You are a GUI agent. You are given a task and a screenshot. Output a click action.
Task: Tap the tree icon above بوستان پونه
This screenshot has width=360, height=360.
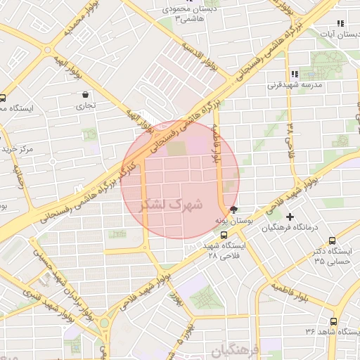(x=233, y=210)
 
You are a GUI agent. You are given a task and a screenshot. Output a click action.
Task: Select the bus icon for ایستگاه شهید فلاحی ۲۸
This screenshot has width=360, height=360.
(x=224, y=236)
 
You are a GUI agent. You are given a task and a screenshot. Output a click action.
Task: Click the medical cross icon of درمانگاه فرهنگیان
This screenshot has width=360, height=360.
(x=289, y=217)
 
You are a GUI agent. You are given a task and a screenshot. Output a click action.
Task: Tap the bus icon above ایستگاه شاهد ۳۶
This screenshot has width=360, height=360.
(x=333, y=320)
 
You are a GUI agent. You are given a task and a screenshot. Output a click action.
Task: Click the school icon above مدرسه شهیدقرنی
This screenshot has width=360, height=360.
(x=294, y=74)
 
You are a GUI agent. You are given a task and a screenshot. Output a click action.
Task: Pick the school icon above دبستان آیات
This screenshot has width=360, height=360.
(x=341, y=23)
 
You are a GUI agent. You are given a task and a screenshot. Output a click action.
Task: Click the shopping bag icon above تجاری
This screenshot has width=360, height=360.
(x=86, y=94)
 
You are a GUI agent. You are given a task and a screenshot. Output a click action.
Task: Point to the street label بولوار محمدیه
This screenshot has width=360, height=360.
(x=77, y=20)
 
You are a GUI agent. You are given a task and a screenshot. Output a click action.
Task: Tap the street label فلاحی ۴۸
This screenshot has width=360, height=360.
(x=290, y=140)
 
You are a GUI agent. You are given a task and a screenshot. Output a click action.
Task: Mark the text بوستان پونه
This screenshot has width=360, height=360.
(x=233, y=221)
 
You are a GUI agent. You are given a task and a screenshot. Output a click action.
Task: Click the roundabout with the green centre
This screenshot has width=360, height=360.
(x=104, y=323)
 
